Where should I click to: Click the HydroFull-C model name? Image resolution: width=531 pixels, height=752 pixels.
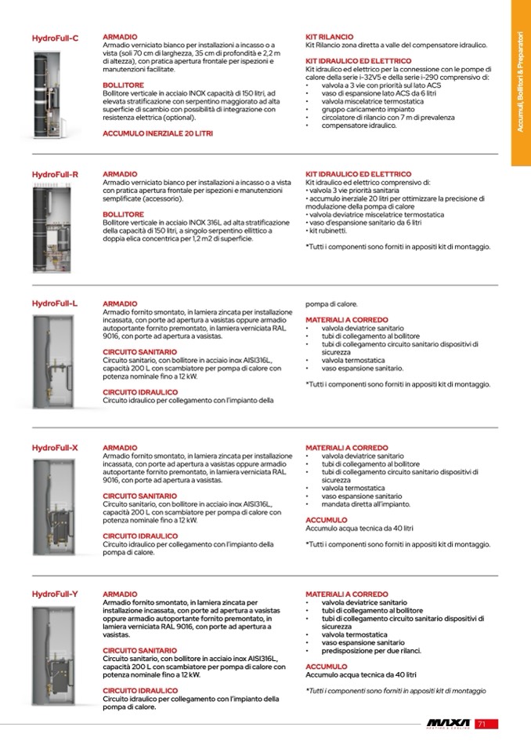click(55, 38)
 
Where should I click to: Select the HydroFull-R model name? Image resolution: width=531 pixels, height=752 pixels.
click(55, 174)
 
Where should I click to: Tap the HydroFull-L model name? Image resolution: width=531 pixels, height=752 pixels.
click(55, 303)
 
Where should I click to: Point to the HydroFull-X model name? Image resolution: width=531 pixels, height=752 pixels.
click(55, 448)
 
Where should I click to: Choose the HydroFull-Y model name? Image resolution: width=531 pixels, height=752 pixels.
click(55, 594)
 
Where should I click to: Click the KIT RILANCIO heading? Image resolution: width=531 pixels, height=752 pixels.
click(329, 37)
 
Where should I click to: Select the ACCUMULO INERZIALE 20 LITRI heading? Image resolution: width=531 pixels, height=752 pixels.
click(157, 134)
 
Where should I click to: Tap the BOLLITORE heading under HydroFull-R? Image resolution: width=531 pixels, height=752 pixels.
click(123, 214)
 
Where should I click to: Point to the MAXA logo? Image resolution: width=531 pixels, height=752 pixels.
click(448, 724)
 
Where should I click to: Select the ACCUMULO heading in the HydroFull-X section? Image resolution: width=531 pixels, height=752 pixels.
click(326, 520)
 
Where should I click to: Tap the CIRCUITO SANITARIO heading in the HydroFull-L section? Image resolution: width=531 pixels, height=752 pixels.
click(139, 352)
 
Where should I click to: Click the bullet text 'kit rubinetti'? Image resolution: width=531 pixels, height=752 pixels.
click(329, 231)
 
